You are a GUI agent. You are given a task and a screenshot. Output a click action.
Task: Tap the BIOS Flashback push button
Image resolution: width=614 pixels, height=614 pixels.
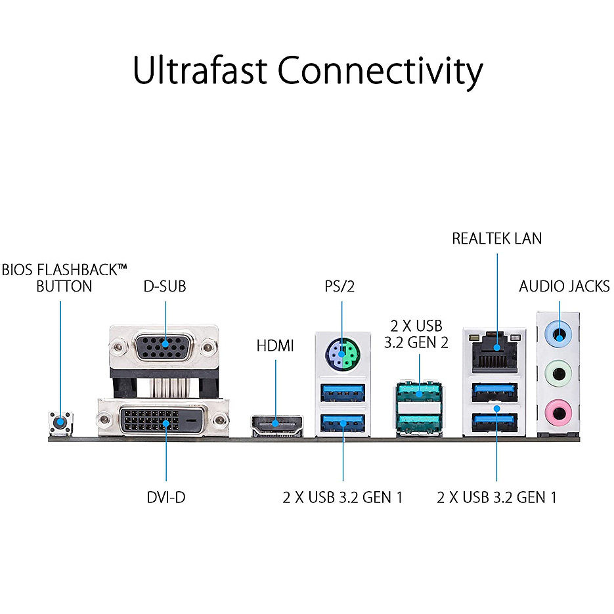[x=60, y=422]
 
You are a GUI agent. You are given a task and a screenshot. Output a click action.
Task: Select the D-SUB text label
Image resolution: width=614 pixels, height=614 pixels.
[x=165, y=286]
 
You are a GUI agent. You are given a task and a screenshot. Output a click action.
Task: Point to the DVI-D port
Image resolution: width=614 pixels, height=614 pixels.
[x=163, y=420]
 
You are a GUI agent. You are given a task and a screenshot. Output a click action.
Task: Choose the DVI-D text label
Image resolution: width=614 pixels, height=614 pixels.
[x=166, y=497]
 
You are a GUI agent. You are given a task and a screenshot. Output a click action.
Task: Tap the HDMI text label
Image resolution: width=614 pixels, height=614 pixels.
[x=275, y=345]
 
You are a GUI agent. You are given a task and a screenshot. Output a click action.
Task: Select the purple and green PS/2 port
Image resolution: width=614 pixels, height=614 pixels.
[x=341, y=355]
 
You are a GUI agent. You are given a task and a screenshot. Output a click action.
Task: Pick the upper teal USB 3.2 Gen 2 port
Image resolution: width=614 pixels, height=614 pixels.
[x=419, y=394]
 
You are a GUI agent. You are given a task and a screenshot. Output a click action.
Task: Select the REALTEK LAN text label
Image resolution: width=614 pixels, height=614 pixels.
[x=497, y=238]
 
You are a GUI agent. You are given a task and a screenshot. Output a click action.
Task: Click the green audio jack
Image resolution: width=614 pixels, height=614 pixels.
[x=559, y=374]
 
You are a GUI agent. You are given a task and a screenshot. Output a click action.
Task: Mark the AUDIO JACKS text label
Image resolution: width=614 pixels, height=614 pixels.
[x=564, y=286]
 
